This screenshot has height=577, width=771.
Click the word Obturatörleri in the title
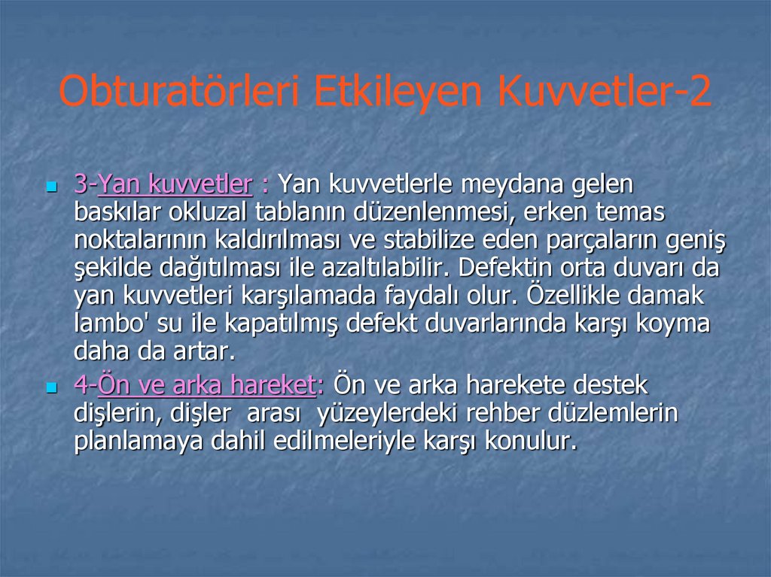click(x=179, y=93)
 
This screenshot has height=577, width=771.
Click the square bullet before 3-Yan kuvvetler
click(x=52, y=184)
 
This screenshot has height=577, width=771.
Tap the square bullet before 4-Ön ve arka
click(x=52, y=387)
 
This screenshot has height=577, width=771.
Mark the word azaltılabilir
click(x=385, y=269)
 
